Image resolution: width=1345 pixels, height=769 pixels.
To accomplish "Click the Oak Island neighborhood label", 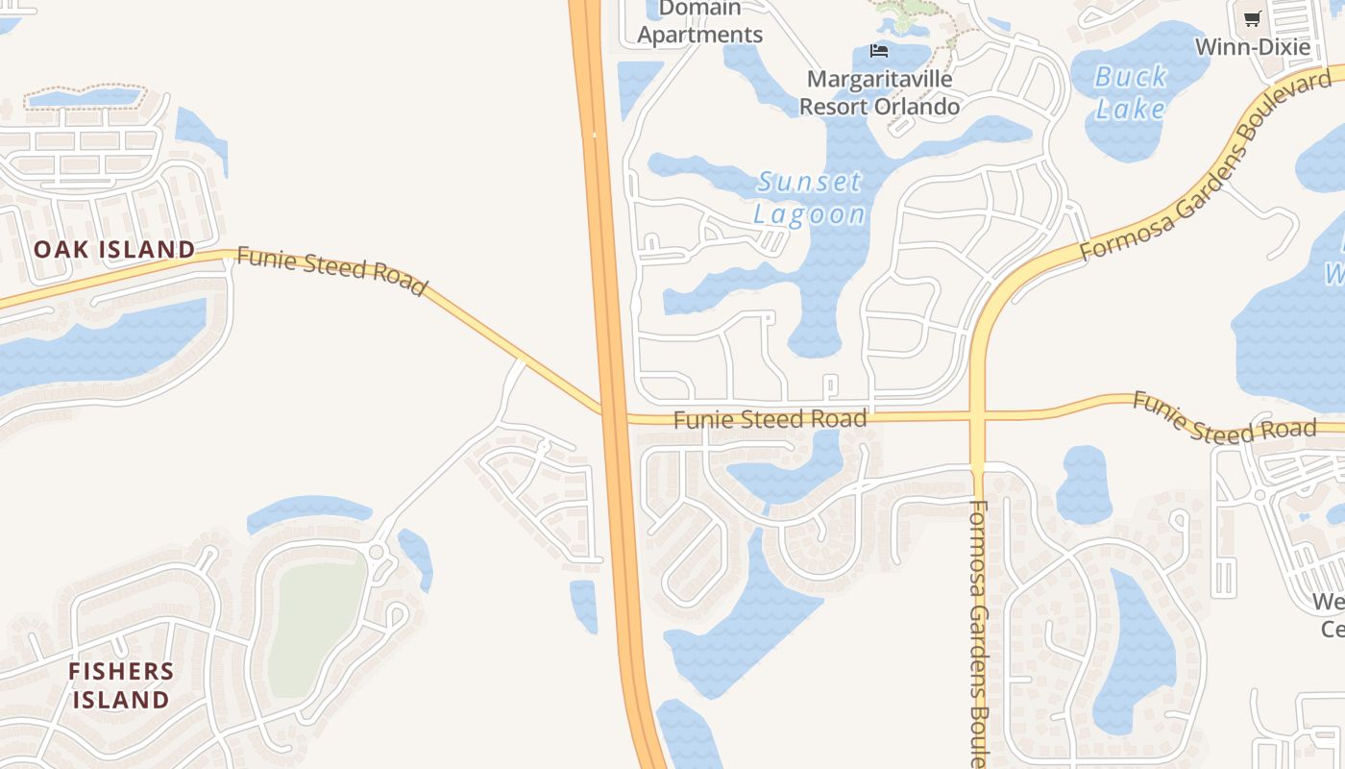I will click(x=114, y=249).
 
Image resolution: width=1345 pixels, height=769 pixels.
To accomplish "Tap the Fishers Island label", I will click(x=121, y=685).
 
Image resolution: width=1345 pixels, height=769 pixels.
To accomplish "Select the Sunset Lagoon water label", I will click(x=809, y=197).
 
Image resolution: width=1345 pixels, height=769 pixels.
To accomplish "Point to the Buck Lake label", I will click(x=1132, y=92).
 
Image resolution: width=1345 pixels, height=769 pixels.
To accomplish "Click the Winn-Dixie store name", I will click(x=1252, y=46).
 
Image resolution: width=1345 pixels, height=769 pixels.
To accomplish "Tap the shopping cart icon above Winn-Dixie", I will click(x=1252, y=18).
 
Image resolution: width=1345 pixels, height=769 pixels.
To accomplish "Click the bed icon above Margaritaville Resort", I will click(x=878, y=51).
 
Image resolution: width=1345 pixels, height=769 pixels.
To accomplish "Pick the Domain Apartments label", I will click(x=700, y=22).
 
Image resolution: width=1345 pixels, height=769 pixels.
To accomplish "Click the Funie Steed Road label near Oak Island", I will click(x=331, y=272).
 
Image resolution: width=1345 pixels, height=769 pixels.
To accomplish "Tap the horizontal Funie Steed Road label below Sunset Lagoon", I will click(x=770, y=419).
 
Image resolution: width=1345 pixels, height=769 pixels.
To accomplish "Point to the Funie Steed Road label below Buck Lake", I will click(x=1223, y=418).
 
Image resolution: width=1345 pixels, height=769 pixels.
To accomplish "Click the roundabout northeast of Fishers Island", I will click(x=376, y=552).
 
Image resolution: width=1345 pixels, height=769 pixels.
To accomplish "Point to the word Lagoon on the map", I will click(x=809, y=213).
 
